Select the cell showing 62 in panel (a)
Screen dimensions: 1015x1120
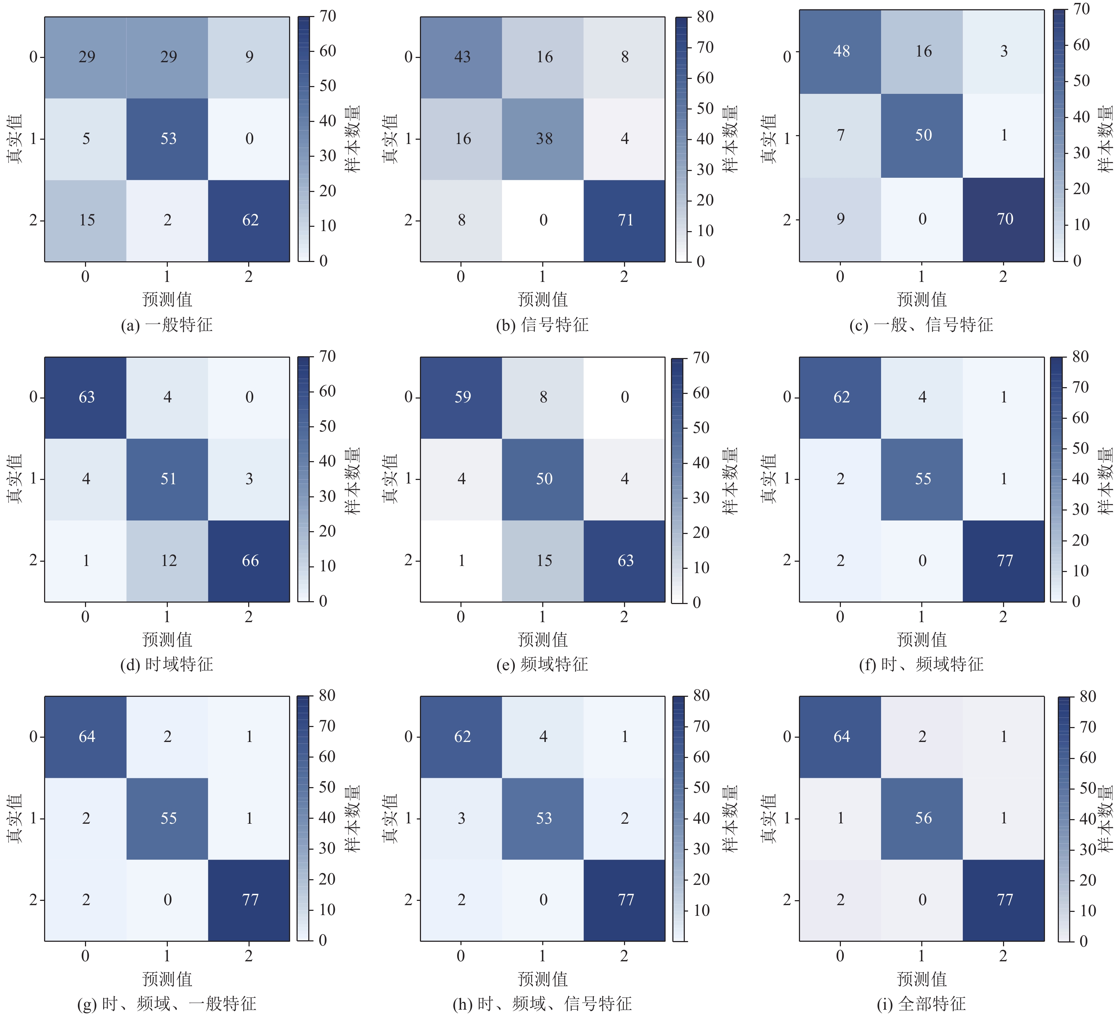pos(250,220)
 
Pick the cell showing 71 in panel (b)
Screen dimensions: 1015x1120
pos(625,220)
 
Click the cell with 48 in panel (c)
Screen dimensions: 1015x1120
pos(841,52)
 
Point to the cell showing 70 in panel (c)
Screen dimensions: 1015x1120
pos(1004,219)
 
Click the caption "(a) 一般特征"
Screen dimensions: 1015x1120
pos(167,325)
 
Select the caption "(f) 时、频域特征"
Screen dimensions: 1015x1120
pos(921,664)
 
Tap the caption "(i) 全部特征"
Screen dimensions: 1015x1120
pos(921,1003)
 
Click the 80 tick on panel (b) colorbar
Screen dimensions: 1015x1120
pos(704,17)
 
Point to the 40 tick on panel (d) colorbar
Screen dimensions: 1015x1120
pos(327,461)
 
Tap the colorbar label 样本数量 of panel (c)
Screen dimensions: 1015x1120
pos(1105,139)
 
